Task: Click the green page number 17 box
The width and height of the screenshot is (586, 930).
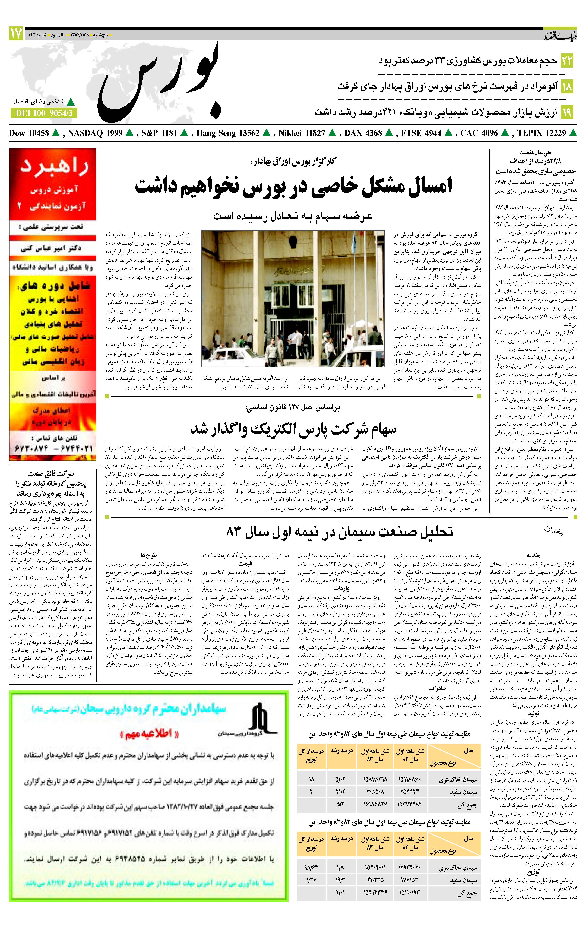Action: pos(16,34)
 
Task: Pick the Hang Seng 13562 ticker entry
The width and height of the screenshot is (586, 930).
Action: pos(228,133)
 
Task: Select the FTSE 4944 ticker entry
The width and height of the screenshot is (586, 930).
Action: pos(421,133)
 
